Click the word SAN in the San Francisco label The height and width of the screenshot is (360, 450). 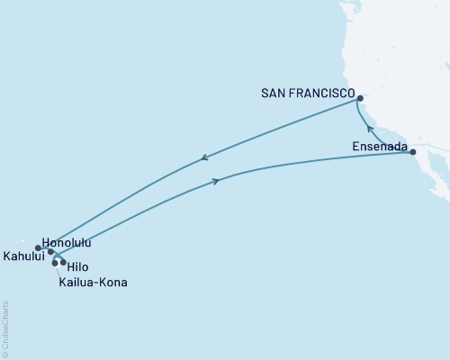coord(274,93)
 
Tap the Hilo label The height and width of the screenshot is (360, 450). coord(79,266)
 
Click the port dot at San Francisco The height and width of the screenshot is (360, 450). coord(359,98)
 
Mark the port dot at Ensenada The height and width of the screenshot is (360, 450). coord(413,152)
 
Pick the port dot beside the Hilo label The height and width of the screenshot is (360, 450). coord(63,263)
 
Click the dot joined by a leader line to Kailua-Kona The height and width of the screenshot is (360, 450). coord(56,263)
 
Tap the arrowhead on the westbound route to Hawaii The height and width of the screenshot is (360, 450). coord(204,158)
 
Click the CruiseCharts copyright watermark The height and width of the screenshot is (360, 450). coord(5,328)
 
